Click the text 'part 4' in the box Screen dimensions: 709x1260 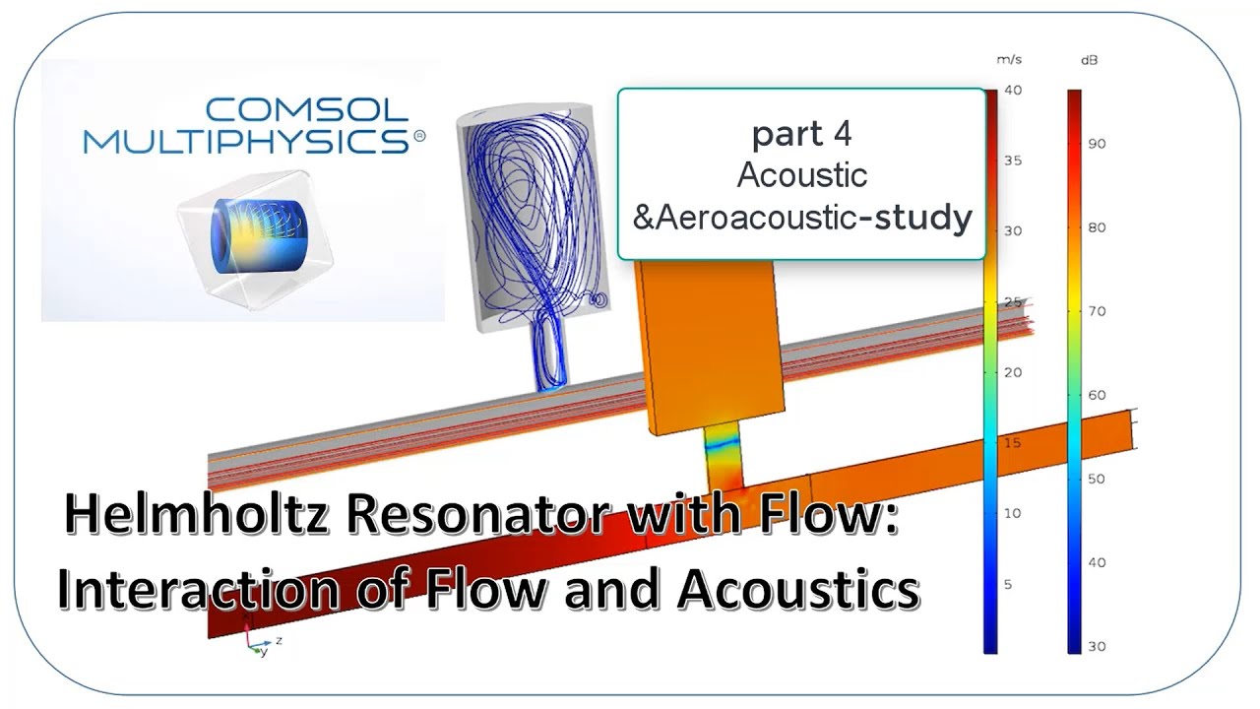click(801, 133)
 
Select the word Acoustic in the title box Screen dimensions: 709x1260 click(801, 175)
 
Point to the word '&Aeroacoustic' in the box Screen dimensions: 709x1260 click(744, 218)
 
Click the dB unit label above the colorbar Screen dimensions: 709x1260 click(1090, 60)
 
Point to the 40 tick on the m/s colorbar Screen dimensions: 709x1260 click(1013, 91)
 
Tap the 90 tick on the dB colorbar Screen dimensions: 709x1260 click(1097, 144)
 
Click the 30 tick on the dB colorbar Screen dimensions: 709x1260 click(1097, 647)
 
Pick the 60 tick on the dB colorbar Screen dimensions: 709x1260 click(1097, 396)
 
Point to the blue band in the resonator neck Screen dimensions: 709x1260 click(723, 445)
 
